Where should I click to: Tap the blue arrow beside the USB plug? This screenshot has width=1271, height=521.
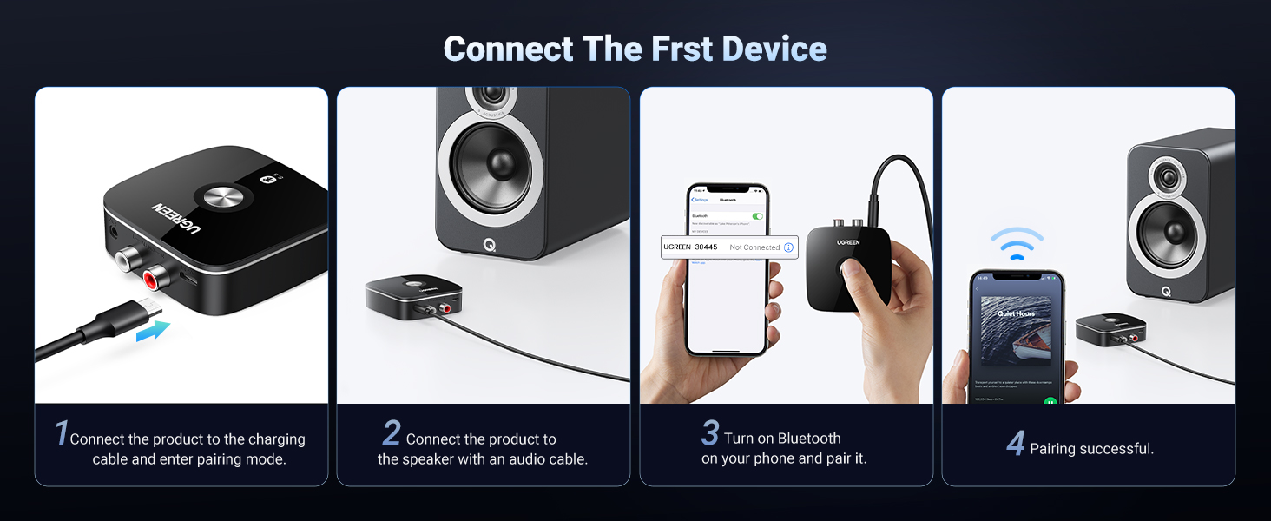[153, 331]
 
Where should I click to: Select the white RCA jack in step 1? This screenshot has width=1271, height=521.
[127, 257]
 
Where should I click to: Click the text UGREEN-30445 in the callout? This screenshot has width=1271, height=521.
[690, 247]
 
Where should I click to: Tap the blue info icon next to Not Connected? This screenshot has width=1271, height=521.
[788, 247]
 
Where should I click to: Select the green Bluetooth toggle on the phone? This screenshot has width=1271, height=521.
[757, 215]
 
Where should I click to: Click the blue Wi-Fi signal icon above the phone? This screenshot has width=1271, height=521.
[1017, 244]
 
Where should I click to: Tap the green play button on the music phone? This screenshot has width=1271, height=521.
[1050, 402]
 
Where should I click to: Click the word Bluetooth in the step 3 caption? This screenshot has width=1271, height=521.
[809, 439]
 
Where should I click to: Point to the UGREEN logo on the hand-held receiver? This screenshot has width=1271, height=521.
[848, 242]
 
